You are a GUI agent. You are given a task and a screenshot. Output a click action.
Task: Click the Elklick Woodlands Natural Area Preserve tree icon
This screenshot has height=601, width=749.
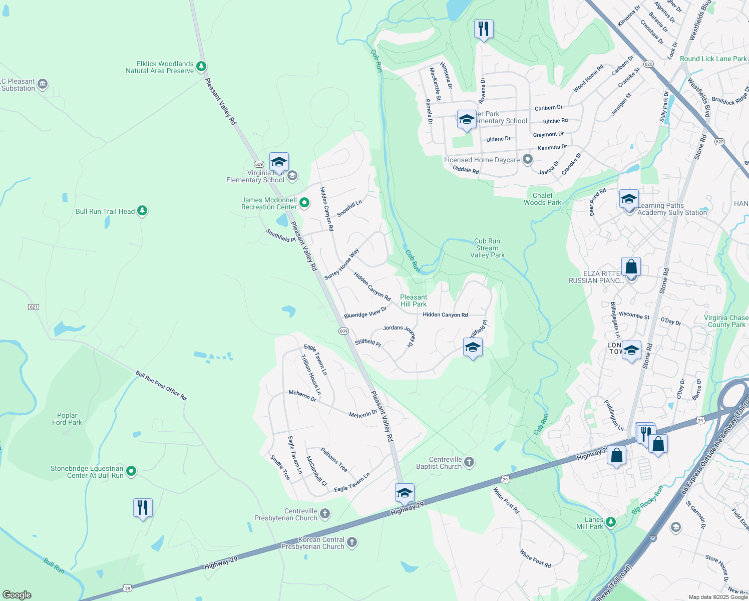click(x=201, y=66)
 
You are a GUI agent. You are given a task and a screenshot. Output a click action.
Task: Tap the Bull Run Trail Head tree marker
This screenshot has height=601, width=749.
click(x=142, y=211)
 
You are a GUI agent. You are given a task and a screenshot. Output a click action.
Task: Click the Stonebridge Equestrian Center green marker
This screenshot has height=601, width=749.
click(x=131, y=471)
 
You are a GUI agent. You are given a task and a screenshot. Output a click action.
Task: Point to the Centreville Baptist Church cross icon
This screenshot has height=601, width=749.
click(x=469, y=462)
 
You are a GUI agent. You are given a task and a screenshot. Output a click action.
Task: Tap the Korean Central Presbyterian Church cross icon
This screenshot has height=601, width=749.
click(x=352, y=542)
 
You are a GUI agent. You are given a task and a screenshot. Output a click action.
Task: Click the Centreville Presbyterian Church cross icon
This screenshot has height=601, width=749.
click(x=325, y=514)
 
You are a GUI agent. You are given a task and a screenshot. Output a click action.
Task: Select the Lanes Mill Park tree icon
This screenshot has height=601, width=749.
click(x=610, y=522)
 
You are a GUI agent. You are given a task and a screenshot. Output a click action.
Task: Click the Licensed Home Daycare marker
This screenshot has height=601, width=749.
click(x=527, y=160)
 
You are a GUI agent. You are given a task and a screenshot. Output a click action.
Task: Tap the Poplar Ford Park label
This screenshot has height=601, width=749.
click(x=67, y=419)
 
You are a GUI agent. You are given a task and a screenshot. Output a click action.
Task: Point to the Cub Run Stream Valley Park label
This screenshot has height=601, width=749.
click(x=487, y=248)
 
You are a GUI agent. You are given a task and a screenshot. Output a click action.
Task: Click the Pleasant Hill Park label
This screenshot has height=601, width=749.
click(x=414, y=300)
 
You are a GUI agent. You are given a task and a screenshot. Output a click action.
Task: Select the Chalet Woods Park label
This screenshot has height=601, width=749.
click(x=542, y=199)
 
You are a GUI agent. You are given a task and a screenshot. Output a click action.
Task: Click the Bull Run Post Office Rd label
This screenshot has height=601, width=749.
click(x=161, y=385)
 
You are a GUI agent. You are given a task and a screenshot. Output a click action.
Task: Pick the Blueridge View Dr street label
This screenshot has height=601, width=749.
click(x=365, y=313)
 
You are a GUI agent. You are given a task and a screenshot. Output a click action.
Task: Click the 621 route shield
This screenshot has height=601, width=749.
click(x=34, y=307)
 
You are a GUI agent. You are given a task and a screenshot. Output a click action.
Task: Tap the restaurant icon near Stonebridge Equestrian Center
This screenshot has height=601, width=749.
click(x=143, y=508)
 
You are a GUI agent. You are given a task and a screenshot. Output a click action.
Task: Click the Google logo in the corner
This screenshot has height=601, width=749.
click(x=17, y=595)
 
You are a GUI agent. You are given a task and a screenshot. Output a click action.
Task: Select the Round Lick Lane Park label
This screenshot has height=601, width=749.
click(x=713, y=59)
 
